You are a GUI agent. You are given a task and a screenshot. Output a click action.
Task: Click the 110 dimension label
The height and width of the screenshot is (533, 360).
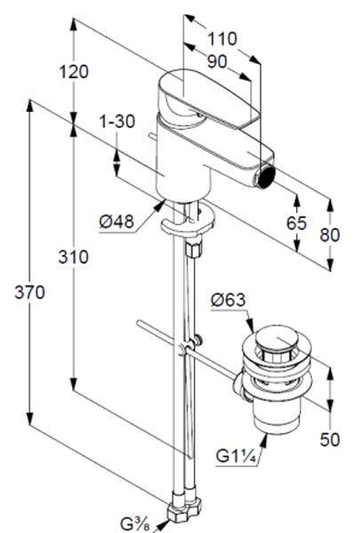[x=222, y=39]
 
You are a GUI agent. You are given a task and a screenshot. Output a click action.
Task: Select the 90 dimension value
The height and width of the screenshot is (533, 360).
[x=217, y=61]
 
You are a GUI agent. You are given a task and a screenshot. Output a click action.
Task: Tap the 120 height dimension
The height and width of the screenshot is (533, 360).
[x=74, y=72]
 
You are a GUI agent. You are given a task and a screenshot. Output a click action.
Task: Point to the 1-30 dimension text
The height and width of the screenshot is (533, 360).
[x=117, y=122]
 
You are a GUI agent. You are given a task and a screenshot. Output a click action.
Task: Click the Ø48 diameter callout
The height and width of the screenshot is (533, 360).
[x=116, y=221]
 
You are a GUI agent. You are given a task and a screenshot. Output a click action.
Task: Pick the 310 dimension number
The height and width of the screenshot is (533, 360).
[x=73, y=257]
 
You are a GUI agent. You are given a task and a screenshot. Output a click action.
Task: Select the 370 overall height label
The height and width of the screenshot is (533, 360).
[x=29, y=292]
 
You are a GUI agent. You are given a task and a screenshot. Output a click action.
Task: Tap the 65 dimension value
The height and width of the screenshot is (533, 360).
[x=296, y=223]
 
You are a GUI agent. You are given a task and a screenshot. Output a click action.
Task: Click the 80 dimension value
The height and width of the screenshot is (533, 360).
[x=330, y=235]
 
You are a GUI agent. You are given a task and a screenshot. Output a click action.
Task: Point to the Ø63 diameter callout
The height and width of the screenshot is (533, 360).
[x=228, y=300]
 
